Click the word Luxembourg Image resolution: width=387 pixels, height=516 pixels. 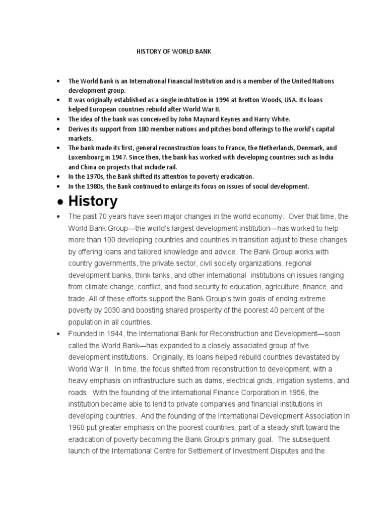coord(87,158)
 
